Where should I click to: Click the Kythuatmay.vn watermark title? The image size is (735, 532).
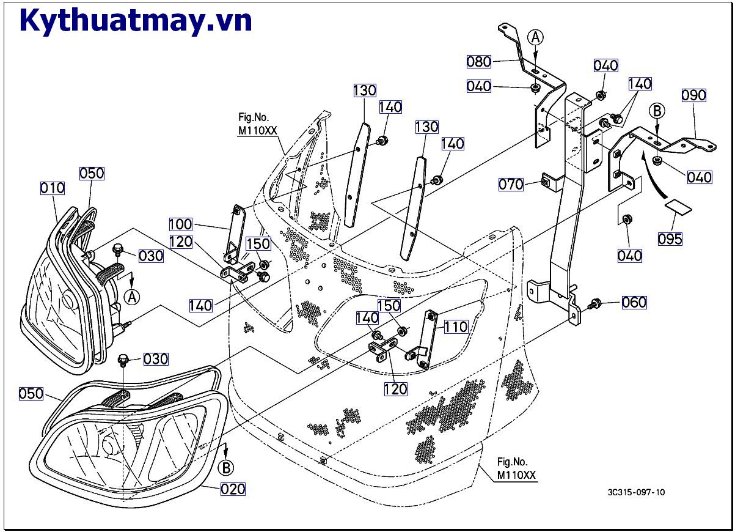136,20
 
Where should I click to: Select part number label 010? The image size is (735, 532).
53,188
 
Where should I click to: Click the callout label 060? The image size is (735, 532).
634,302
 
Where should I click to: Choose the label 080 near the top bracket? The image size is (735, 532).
479,61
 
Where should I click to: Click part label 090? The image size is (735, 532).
694,95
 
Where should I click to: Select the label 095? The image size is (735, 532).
670,238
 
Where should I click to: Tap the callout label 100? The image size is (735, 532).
181,224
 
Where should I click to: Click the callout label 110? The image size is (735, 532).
456,327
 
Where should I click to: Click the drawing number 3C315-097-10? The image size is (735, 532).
636,493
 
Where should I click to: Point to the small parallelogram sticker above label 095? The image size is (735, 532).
678,207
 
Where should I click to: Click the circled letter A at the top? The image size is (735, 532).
535,38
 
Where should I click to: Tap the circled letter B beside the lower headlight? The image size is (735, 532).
226,468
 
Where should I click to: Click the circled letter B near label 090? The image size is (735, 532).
657,111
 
